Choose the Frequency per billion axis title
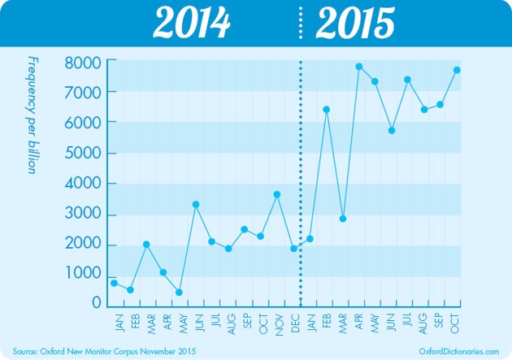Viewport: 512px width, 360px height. pos(33,115)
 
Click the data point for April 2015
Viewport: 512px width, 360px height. pos(358,67)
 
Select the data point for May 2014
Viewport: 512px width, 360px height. pos(179,293)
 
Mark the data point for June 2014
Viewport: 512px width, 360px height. pos(195,204)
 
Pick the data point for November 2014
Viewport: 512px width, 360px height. pos(277,194)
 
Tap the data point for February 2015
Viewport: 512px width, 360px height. pos(326,109)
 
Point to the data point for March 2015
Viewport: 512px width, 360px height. pos(343,219)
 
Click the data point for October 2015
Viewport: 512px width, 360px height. pos(457,70)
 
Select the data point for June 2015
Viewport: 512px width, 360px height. pos(392,130)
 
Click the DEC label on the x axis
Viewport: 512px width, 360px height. pos(293,323)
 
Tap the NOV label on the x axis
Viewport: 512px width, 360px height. pos(277,323)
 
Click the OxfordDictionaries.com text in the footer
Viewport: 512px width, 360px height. pos(460,350)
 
